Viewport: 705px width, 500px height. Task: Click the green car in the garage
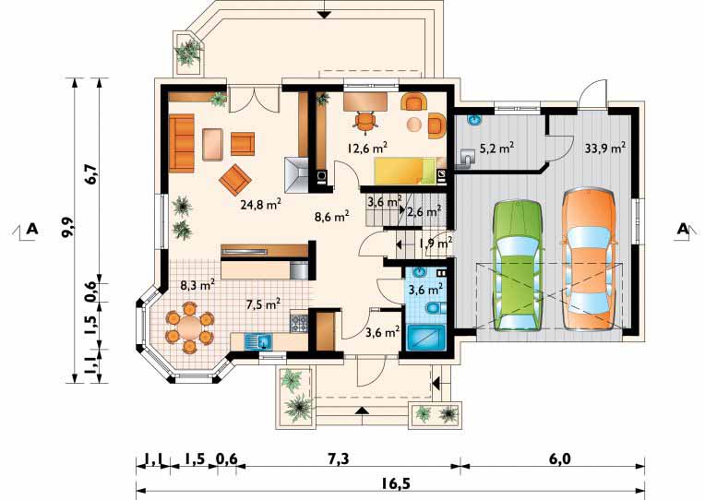517,267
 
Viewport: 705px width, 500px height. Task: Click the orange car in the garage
589,259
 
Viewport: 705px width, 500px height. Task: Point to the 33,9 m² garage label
605,148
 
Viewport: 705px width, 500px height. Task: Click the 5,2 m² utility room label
496,148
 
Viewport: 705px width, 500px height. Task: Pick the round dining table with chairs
189,327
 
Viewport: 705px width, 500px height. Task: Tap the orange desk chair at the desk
364,122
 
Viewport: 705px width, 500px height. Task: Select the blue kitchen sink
258,341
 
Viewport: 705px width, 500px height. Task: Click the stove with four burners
299,323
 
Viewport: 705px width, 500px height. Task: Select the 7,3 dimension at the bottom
338,459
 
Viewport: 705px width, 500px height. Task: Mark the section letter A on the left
32,229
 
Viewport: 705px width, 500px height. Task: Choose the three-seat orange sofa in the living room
181,143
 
